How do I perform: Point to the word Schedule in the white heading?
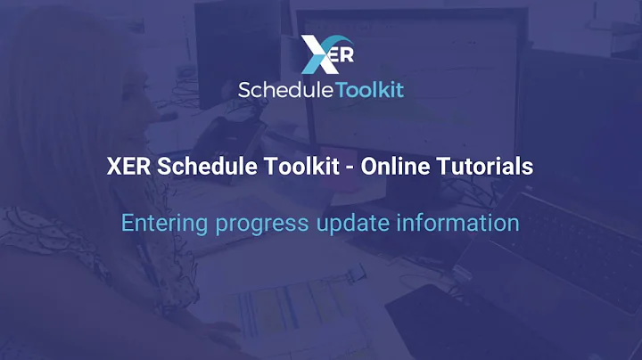coord(202,167)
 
